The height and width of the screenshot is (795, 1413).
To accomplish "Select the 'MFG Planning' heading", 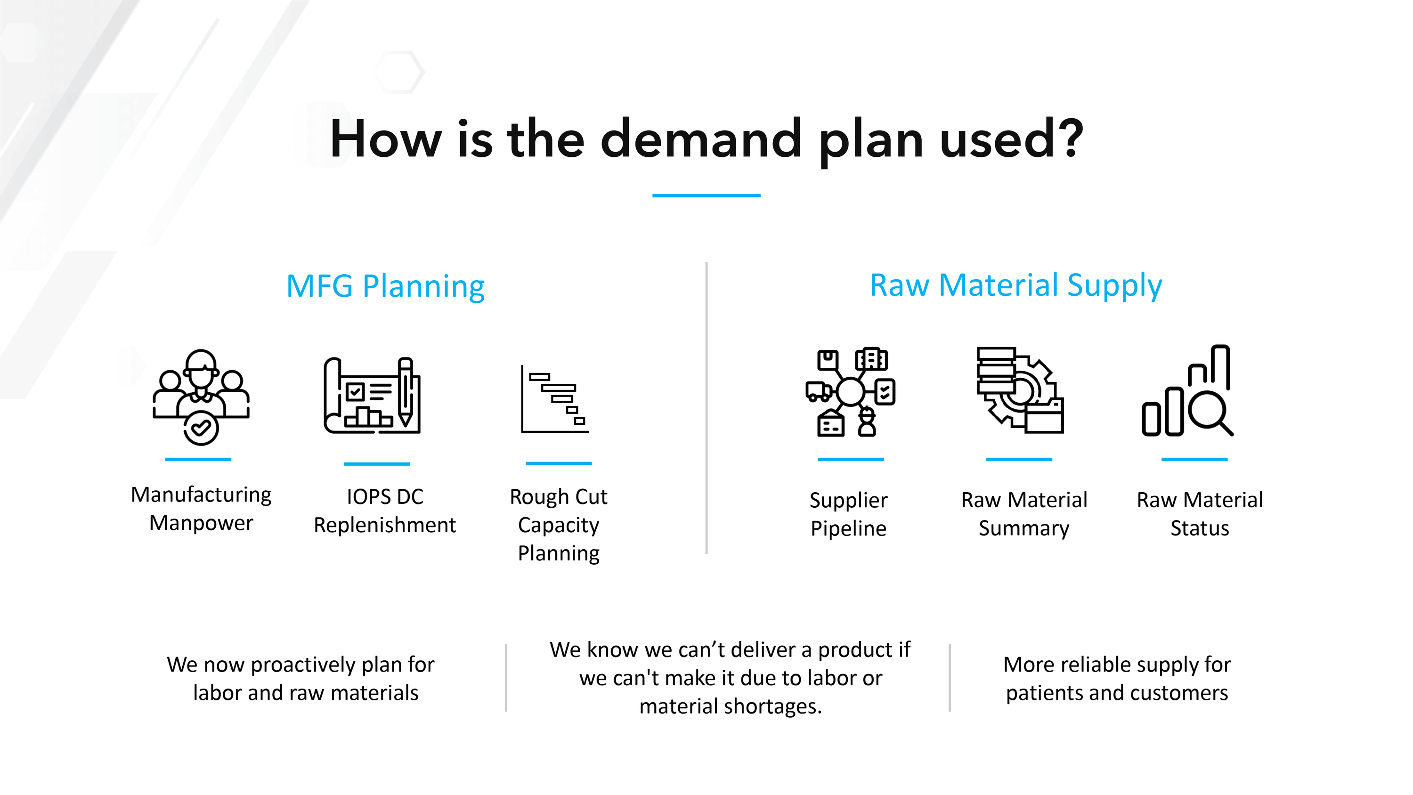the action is [x=386, y=286].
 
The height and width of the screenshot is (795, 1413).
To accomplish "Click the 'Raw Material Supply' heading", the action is [x=1016, y=286].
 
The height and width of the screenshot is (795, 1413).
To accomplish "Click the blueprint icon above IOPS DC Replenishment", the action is [x=373, y=395].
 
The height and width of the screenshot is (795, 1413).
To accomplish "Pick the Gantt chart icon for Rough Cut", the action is [x=554, y=399].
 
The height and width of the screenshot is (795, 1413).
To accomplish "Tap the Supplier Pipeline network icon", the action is [x=850, y=392].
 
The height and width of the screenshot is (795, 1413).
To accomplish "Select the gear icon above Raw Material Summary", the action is [x=1020, y=390].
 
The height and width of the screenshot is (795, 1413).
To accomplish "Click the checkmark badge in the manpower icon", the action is [x=201, y=428].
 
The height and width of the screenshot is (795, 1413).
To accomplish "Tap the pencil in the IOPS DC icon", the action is [x=406, y=392].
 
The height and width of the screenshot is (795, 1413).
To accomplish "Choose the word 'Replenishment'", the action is [x=384, y=526].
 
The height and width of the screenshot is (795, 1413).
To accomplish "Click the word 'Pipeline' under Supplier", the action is [x=849, y=529].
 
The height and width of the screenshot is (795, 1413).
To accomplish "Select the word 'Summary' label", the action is [x=1024, y=528].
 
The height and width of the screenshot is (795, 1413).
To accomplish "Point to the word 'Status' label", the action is [x=1200, y=528].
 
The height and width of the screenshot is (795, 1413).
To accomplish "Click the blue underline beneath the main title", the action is [x=706, y=195].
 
